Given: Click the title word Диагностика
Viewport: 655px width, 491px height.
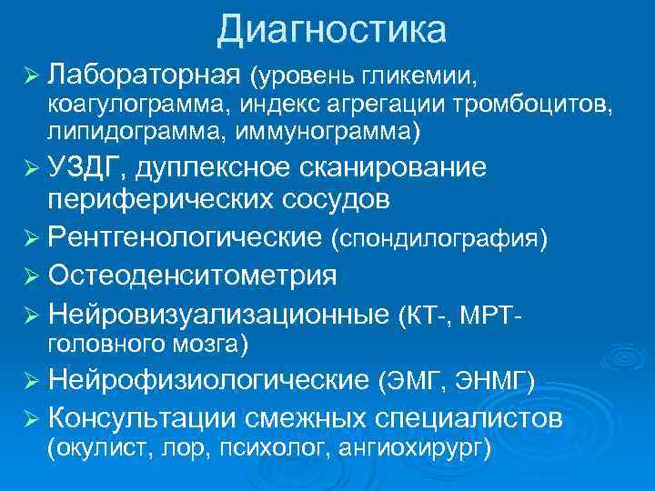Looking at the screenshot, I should tap(331, 30).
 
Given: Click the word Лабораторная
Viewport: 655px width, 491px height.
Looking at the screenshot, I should tap(145, 72).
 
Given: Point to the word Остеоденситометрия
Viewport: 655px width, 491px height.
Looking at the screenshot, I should tap(193, 276).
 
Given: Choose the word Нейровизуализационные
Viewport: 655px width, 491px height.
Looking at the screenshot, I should tap(218, 314).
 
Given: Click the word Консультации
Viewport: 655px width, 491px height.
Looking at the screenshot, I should tap(142, 417).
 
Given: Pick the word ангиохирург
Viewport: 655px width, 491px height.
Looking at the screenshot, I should tap(413, 447).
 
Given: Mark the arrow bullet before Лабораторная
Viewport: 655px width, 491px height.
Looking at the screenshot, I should tap(32, 73).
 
